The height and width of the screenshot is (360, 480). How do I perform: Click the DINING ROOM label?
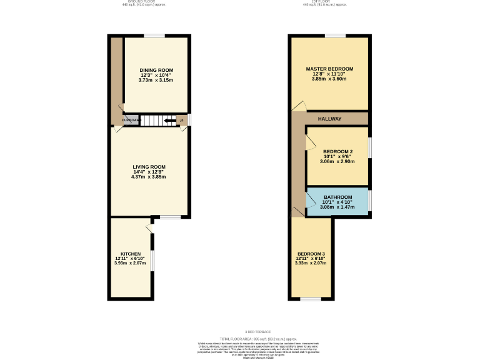coord(156,70)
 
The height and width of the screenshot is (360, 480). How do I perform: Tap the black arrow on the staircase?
coord(169,120)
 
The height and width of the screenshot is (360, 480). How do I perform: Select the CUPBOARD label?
coord(131,120)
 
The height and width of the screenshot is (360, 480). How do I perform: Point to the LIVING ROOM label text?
coord(147,167)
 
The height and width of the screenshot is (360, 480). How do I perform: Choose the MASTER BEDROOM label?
coord(329,69)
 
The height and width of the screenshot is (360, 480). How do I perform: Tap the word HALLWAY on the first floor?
coord(329,119)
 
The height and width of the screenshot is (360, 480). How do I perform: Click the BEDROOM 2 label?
coord(337,152)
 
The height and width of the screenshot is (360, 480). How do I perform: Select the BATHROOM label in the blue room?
coord(337,197)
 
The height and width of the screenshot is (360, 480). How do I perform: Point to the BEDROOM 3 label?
coord(311,253)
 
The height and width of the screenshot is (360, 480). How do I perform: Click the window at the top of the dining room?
coord(155,36)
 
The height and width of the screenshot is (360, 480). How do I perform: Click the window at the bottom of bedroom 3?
coord(311,299)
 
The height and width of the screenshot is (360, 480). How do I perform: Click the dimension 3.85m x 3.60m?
coord(329,79)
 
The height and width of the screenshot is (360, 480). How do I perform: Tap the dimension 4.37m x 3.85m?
coord(147,177)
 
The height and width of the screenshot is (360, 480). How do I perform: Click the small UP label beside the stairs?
coord(182,120)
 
